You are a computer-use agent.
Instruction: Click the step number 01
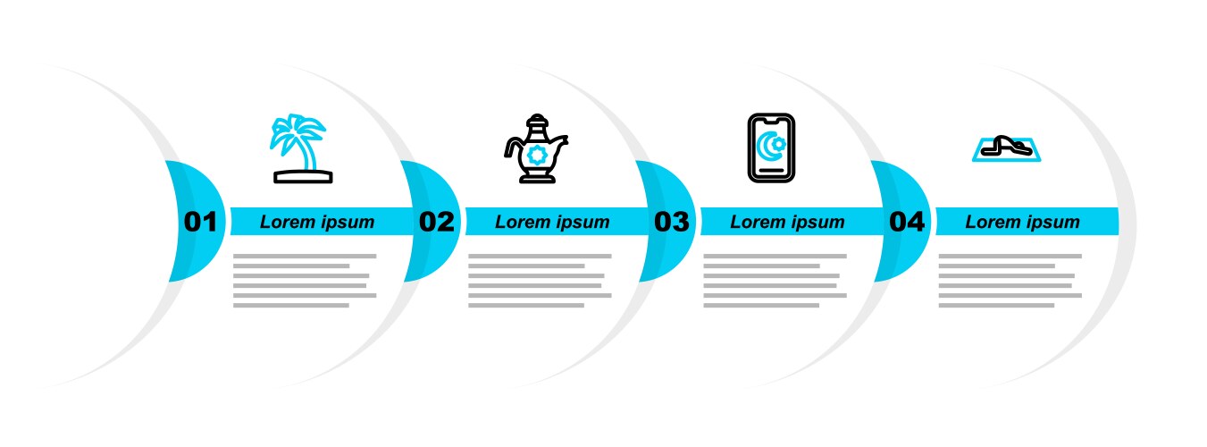click(200, 222)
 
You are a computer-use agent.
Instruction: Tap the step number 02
click(437, 222)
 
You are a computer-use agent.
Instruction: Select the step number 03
click(671, 222)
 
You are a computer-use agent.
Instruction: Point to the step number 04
click(907, 222)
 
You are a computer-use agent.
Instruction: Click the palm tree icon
click(302, 148)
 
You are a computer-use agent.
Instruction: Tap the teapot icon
click(537, 148)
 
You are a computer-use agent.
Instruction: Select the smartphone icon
click(772, 148)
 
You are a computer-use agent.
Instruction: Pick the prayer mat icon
click(1007, 148)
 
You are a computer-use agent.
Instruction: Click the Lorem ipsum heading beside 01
click(317, 222)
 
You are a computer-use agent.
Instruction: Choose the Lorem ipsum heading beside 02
click(552, 222)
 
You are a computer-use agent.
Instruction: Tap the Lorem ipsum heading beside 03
click(787, 222)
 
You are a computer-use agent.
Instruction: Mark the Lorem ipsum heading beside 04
click(1022, 222)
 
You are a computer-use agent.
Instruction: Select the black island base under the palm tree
click(303, 177)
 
